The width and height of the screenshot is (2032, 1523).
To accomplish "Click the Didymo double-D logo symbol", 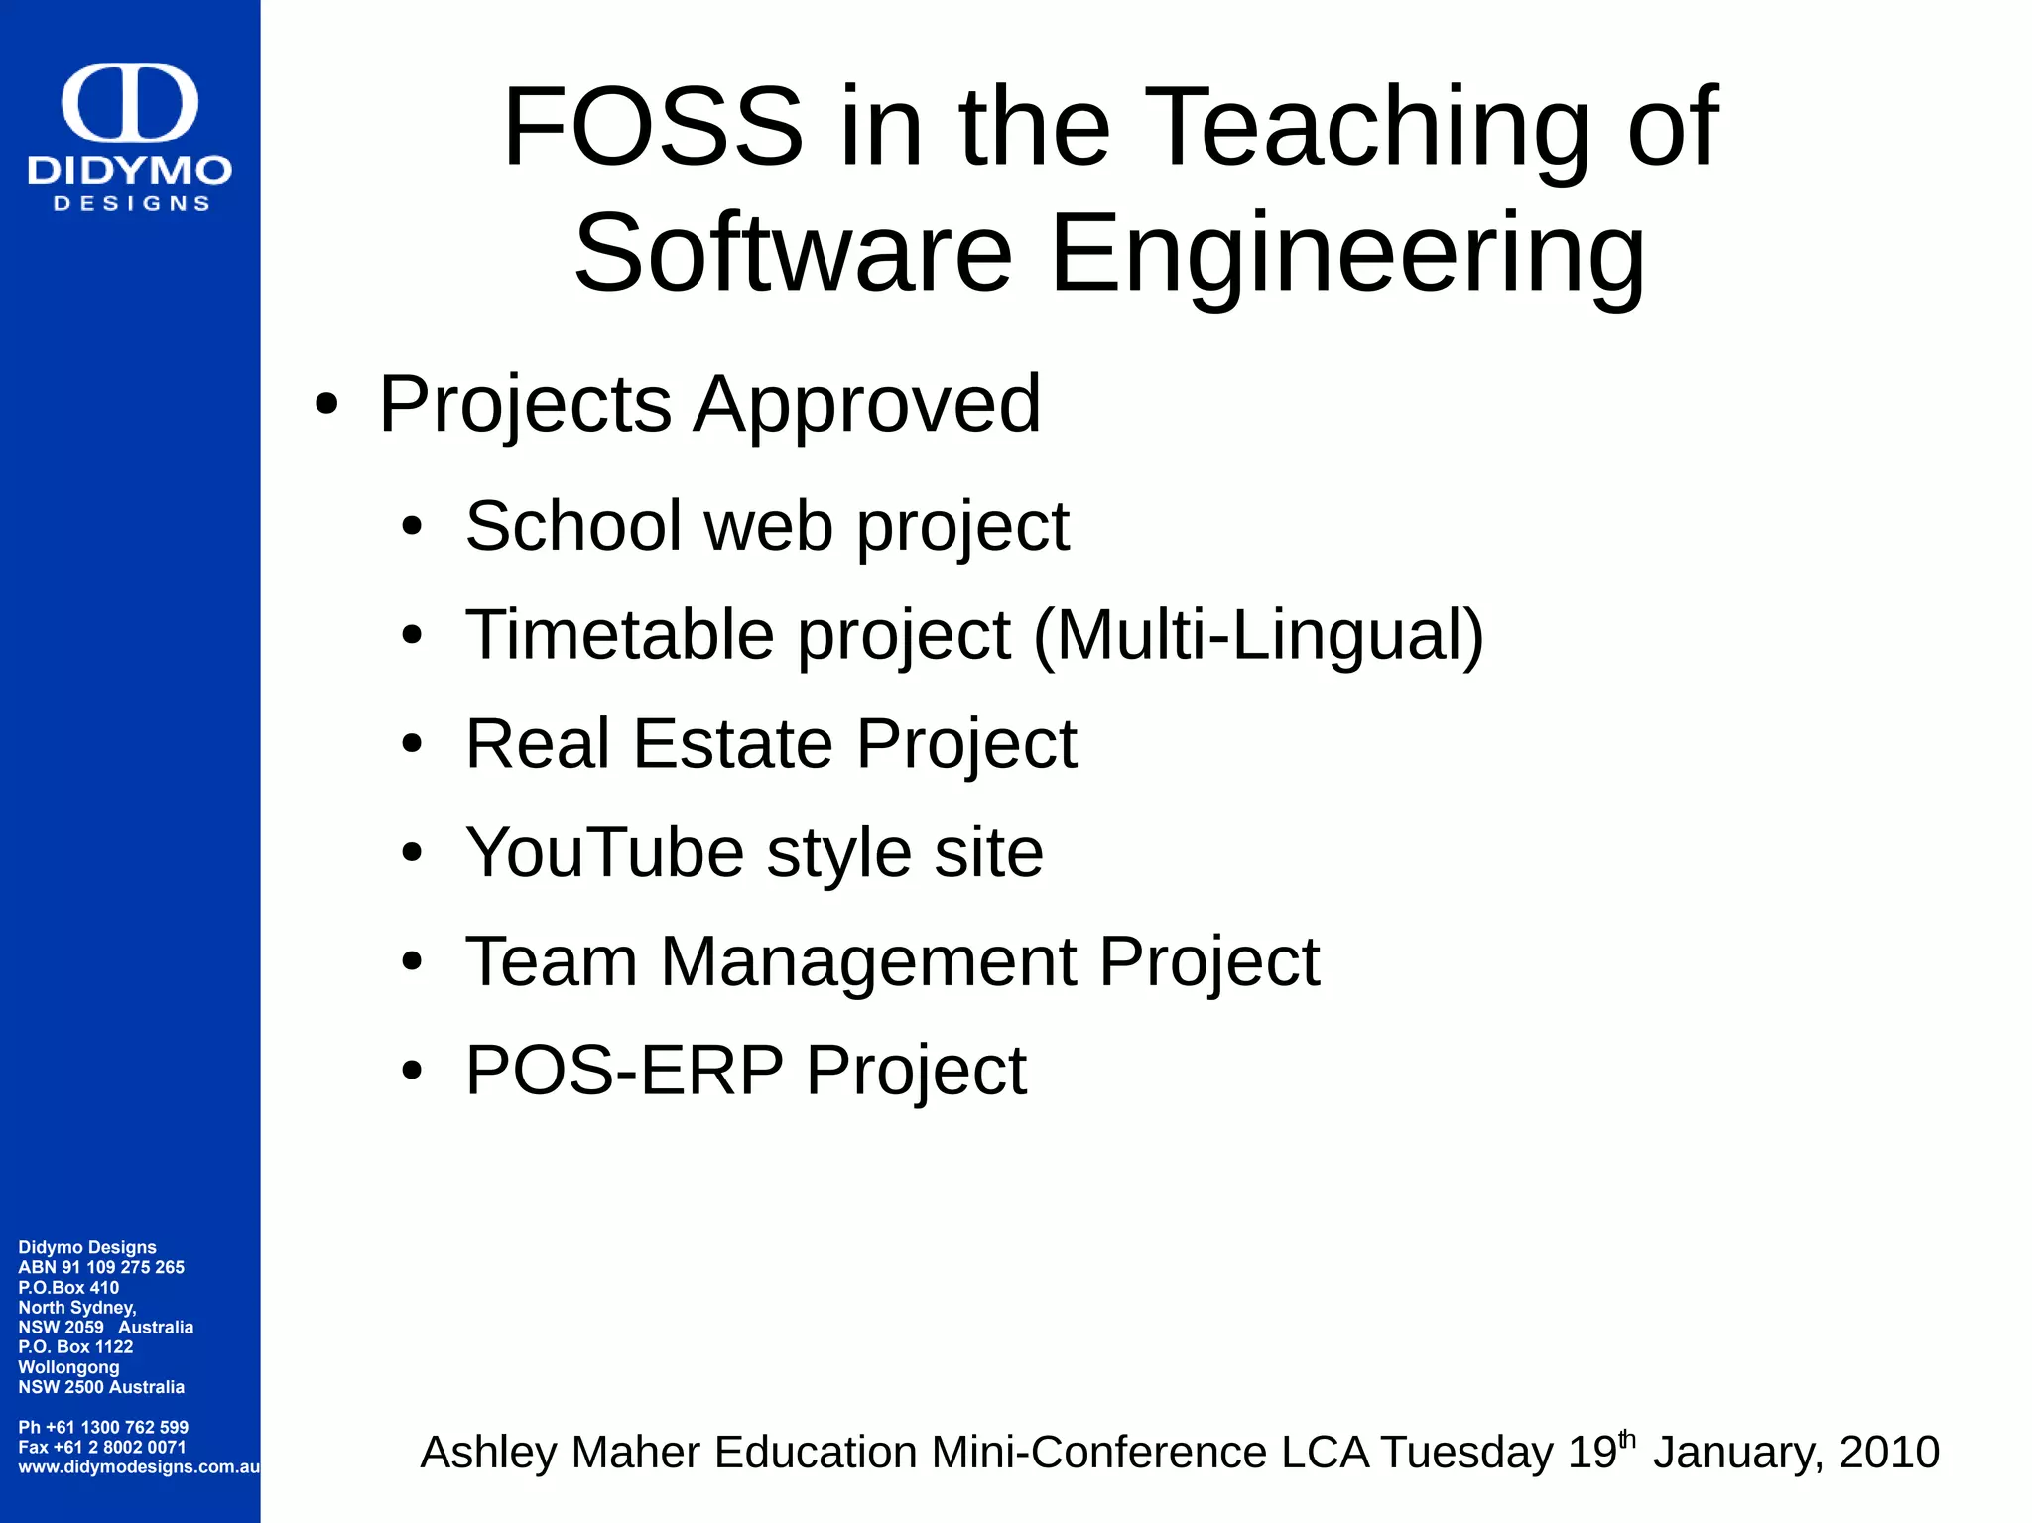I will click(x=130, y=102).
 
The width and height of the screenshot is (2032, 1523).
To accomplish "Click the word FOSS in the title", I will click(x=652, y=127).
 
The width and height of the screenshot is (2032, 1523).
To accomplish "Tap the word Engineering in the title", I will click(x=1347, y=254).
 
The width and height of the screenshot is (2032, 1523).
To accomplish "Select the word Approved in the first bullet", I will click(x=867, y=405).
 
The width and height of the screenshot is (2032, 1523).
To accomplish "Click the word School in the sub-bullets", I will click(x=573, y=526).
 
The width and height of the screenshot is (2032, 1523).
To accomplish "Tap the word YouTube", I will click(x=604, y=852).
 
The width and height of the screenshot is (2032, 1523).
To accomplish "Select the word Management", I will click(x=868, y=961).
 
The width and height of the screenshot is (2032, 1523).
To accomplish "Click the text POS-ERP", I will click(x=624, y=1071).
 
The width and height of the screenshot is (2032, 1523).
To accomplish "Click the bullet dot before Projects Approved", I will click(x=326, y=406).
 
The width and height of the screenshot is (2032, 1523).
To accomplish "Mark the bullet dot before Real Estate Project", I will click(x=412, y=744).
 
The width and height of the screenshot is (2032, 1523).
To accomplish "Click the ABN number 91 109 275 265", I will click(x=123, y=1267).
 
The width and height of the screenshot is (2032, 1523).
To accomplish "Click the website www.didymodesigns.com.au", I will click(x=139, y=1466).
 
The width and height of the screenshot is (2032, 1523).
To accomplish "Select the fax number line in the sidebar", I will click(x=101, y=1447).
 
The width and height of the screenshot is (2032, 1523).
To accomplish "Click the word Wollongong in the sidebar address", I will click(x=68, y=1366).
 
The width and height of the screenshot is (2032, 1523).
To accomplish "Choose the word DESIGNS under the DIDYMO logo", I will click(x=131, y=203).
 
